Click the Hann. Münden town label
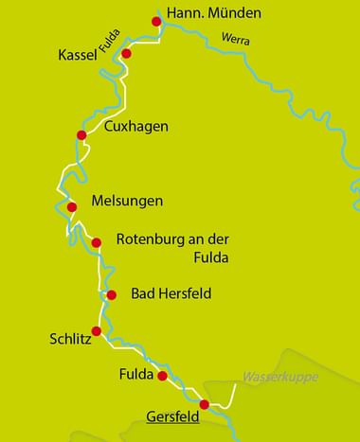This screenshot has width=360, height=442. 213,15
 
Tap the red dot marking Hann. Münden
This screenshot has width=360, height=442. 156,21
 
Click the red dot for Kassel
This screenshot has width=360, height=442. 125,54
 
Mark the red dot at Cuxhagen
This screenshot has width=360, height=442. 81,136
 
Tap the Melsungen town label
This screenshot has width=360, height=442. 127,202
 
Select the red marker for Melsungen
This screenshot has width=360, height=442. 71,207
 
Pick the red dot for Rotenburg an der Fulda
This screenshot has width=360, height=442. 96,242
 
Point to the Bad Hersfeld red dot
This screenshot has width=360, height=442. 112,295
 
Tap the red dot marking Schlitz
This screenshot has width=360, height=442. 95,331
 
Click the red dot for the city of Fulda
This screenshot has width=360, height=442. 162,376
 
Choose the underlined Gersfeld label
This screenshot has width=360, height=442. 174,415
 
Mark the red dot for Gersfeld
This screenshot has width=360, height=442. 204,404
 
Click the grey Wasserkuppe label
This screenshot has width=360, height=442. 280,377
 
